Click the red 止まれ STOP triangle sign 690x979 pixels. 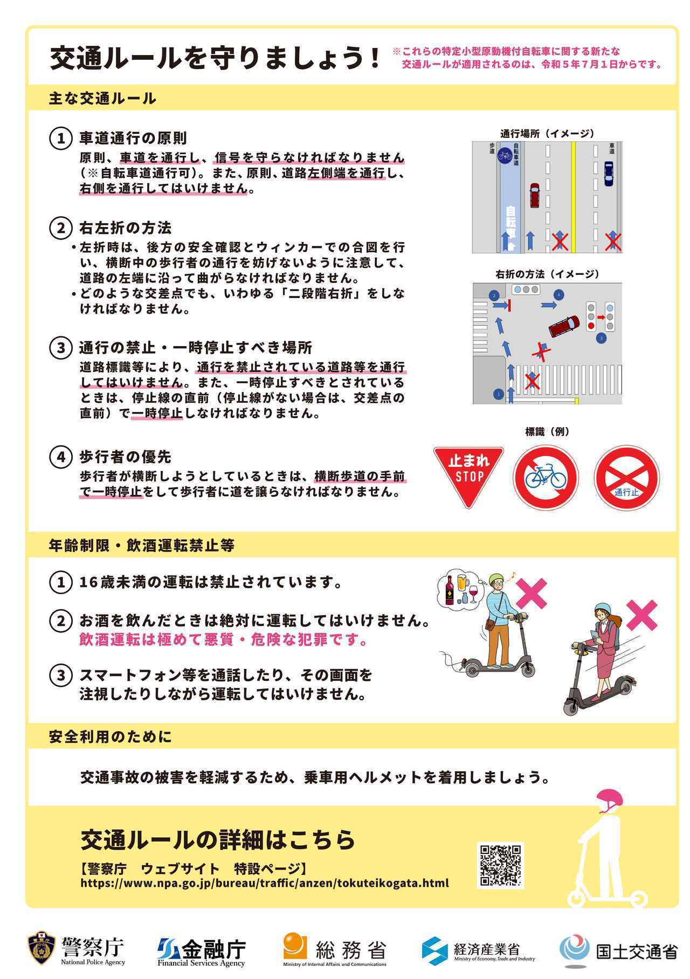point(468,473)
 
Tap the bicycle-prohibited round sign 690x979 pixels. point(546,477)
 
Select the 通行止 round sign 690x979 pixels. point(626,478)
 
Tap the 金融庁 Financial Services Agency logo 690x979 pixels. point(202,950)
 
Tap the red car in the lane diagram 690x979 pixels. point(534,195)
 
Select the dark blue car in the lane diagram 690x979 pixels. point(608,174)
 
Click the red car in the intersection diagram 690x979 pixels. point(564,326)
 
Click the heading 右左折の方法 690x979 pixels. point(125,227)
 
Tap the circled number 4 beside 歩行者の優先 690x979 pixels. point(61,457)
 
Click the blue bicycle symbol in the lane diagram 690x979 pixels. point(505,156)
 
